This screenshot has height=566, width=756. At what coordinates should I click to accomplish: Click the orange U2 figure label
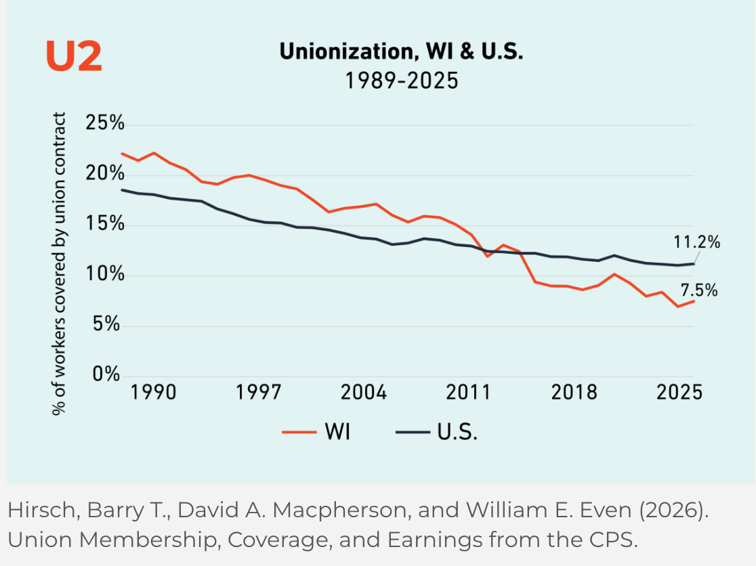click(x=74, y=56)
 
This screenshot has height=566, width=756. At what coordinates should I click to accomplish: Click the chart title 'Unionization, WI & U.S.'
click(x=401, y=51)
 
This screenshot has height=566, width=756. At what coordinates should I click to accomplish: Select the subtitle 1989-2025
click(x=401, y=81)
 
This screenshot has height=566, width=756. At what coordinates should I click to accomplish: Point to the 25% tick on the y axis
click(x=105, y=123)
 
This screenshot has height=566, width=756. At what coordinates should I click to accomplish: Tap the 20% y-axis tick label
click(x=105, y=173)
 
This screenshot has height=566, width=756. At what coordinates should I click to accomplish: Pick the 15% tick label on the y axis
click(x=105, y=223)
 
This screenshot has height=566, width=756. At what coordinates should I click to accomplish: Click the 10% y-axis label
click(x=105, y=274)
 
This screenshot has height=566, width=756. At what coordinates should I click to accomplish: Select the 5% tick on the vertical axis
click(x=106, y=324)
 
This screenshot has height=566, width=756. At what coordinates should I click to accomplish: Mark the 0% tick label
click(x=106, y=374)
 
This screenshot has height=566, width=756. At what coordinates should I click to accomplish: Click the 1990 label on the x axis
click(x=153, y=392)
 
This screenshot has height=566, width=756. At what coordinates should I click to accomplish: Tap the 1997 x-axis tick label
click(x=258, y=392)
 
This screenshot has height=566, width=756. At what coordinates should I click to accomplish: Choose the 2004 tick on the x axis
click(x=364, y=392)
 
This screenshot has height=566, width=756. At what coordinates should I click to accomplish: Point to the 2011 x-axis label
click(x=468, y=392)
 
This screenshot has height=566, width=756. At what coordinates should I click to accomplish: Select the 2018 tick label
click(x=574, y=392)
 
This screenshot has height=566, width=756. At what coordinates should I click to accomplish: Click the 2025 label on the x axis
click(x=679, y=392)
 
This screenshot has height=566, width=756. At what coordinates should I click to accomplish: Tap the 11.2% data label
click(x=696, y=242)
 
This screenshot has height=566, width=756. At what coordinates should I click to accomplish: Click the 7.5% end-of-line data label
click(x=699, y=290)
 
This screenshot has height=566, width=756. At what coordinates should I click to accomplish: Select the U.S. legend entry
click(x=437, y=431)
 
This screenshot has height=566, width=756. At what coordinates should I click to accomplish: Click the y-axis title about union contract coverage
click(x=59, y=263)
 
